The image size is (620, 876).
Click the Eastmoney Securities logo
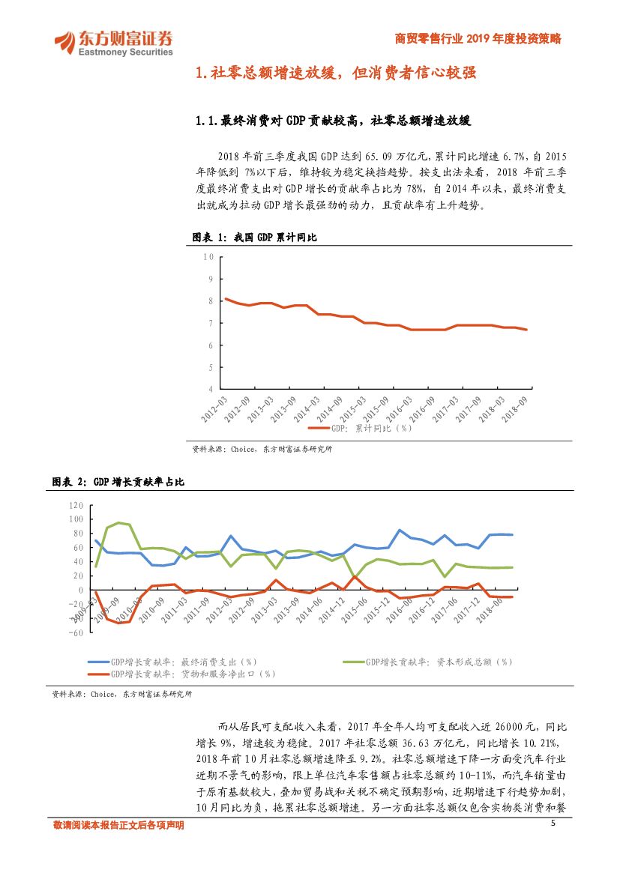(113, 42)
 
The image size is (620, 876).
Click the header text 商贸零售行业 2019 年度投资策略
(478, 39)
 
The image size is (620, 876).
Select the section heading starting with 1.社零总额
(335, 73)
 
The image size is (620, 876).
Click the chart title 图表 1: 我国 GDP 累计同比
(255, 237)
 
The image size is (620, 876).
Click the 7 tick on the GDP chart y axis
(211, 323)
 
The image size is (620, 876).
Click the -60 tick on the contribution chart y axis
(76, 632)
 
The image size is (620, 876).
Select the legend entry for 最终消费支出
(173, 662)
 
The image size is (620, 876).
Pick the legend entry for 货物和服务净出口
(182, 674)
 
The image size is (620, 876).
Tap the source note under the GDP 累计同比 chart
(262, 450)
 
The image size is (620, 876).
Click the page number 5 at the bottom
(553, 824)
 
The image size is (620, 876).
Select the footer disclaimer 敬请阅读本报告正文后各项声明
(118, 825)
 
